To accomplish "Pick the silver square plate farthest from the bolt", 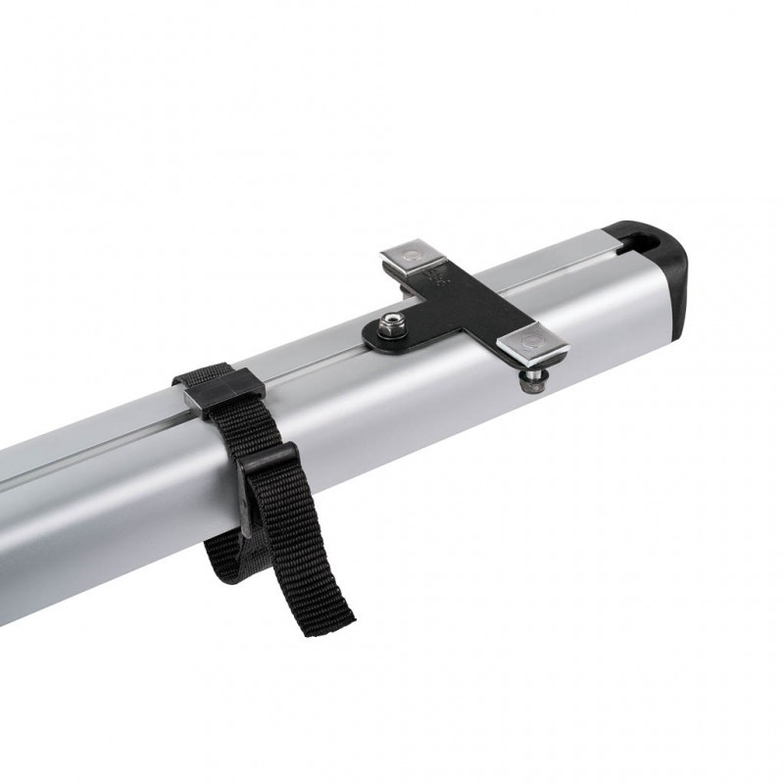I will tap(413, 259).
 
